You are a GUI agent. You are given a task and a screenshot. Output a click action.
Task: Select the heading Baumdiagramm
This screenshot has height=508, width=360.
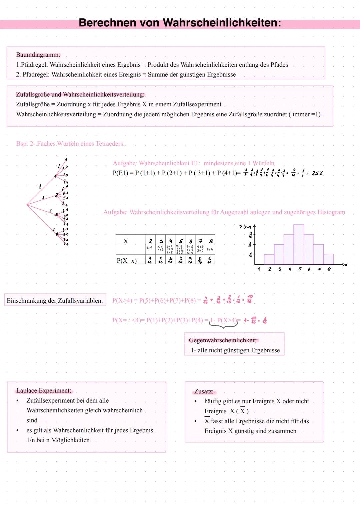tap(38, 55)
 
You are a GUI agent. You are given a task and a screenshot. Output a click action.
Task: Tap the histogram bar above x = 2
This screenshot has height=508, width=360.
tap(269, 259)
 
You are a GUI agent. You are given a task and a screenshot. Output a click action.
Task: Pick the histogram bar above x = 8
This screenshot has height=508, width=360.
tap(328, 259)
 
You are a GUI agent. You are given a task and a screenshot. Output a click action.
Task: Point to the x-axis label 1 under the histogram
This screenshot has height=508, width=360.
tap(259, 269)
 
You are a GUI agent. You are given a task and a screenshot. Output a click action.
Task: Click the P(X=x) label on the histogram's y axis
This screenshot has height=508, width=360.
tap(245, 227)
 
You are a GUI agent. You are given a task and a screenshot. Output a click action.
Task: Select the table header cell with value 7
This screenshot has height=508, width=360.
tap(200, 241)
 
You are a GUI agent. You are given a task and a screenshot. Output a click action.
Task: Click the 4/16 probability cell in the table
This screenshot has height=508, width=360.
tap(180, 260)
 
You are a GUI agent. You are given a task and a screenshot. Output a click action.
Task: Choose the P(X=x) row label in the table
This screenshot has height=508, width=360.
tap(127, 260)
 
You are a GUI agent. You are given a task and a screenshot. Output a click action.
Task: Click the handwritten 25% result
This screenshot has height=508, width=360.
tap(317, 173)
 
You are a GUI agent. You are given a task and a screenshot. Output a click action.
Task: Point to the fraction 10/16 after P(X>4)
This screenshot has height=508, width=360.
tap(250, 299)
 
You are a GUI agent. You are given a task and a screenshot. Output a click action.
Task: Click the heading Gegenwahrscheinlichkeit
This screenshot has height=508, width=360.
tap(223, 340)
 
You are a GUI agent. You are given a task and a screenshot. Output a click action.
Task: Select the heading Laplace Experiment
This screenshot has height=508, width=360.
tap(44, 390)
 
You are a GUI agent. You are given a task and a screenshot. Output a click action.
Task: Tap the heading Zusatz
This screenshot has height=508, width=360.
tap(204, 391)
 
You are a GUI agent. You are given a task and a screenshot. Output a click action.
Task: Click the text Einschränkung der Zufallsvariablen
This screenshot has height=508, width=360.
tap(55, 301)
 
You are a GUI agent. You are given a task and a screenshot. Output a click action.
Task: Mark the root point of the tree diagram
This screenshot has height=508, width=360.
tap(27, 205)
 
